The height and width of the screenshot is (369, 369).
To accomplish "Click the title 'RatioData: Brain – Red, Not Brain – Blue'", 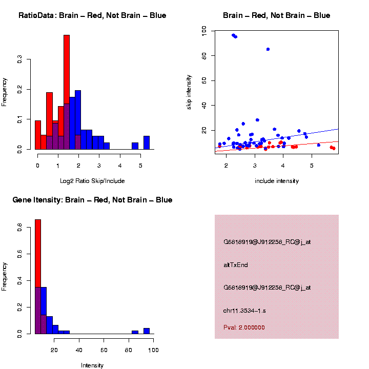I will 92,15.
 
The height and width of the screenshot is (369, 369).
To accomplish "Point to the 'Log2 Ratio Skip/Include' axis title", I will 92,181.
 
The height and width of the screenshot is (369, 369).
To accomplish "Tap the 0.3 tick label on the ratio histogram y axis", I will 19,59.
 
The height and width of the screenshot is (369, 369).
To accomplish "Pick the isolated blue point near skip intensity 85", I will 268,49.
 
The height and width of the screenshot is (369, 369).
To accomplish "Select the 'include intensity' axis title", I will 277,181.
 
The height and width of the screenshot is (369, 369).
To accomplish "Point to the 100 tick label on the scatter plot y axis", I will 204,31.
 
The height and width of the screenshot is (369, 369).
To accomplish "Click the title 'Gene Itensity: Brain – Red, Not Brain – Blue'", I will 92,200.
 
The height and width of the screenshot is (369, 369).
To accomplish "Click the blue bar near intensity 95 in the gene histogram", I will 147,331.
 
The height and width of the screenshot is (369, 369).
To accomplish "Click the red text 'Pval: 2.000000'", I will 244,327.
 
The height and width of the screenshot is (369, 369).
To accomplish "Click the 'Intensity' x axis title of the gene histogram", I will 92,365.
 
